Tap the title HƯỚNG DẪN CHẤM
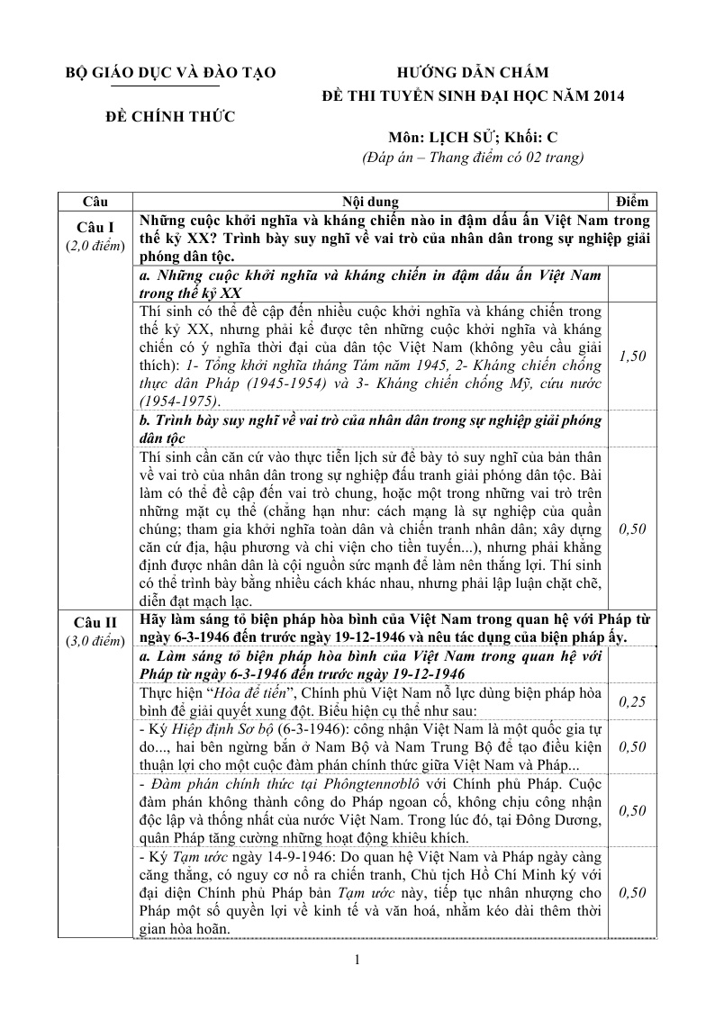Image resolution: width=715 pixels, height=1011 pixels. [x=473, y=73]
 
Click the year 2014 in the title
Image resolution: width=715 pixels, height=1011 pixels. [x=604, y=95]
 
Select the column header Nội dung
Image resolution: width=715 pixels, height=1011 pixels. [x=370, y=202]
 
